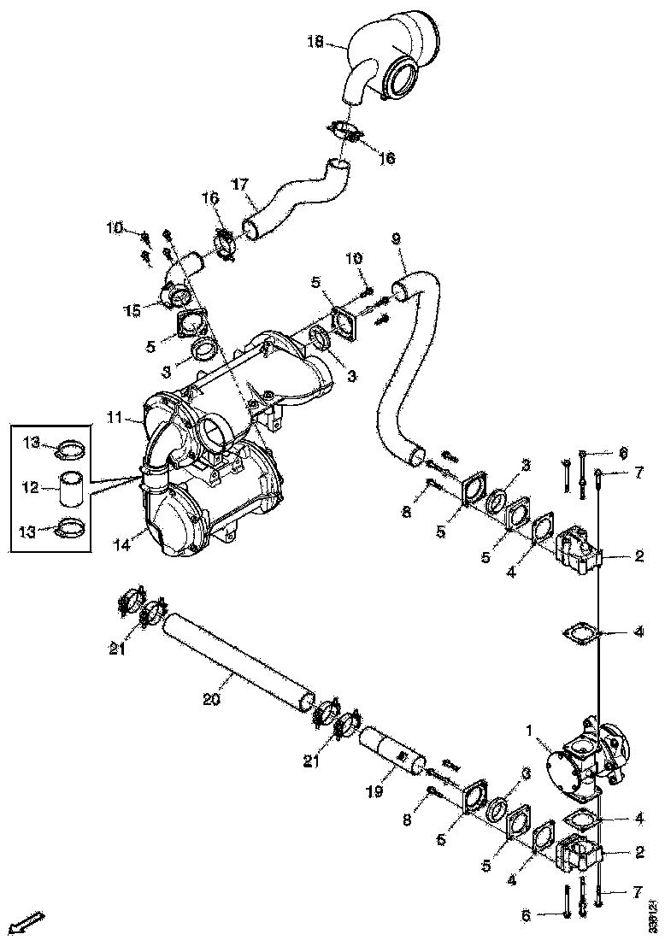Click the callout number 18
315,41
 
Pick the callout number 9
395,239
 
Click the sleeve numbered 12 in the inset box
70,488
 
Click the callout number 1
530,731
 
